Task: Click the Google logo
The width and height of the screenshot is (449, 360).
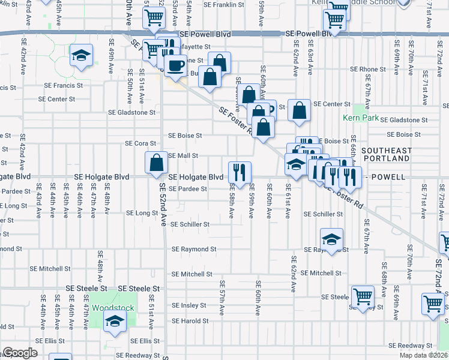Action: click(20, 353)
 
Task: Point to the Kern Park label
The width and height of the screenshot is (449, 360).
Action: click(361, 118)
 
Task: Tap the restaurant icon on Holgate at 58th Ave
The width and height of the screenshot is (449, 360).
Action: click(240, 172)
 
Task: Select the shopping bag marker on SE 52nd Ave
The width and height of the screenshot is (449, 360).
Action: click(156, 163)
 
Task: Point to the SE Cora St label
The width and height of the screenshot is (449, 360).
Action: click(140, 143)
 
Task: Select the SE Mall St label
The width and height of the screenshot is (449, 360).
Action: click(183, 155)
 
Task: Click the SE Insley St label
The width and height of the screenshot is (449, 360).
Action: click(188, 305)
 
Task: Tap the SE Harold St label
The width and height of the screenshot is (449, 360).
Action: click(190, 321)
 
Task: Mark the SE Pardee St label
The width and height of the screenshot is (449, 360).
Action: click(187, 188)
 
